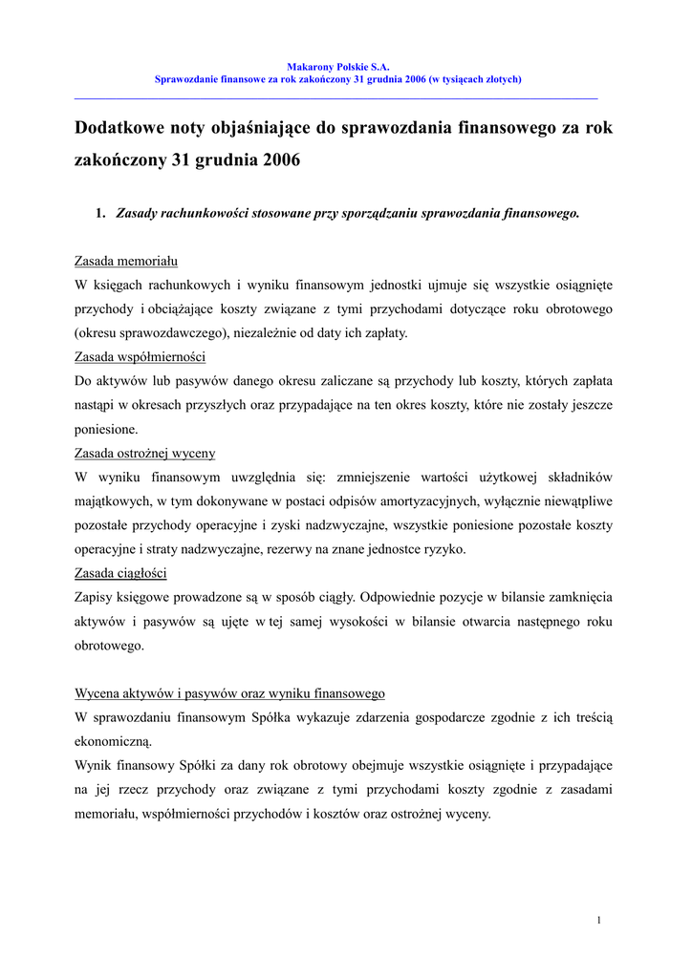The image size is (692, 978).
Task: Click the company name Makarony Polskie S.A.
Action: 338,67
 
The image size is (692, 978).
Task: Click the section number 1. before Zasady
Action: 100,213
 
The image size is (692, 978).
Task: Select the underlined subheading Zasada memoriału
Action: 126,261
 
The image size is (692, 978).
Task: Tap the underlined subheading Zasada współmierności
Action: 141,357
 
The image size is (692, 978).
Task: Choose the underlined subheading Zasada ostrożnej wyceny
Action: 145,453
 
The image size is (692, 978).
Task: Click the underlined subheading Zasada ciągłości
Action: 121,573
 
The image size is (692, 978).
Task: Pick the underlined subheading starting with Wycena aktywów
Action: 230,693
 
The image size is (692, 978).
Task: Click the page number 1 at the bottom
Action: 598,920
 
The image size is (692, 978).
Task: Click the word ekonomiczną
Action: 114,741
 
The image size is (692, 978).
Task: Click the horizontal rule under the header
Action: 335,98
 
